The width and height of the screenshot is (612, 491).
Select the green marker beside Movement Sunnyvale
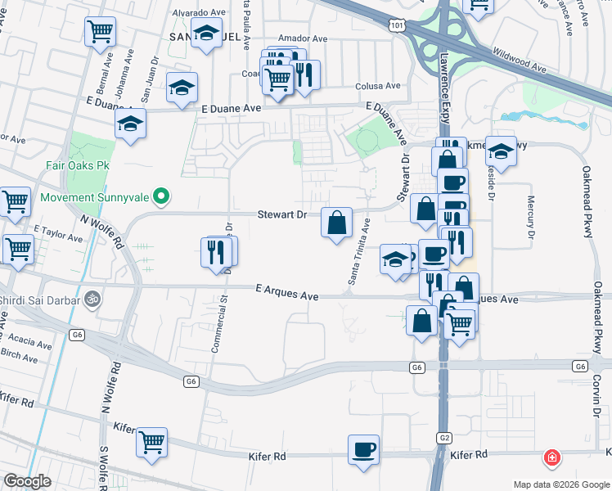pyautogui.click(x=162, y=196)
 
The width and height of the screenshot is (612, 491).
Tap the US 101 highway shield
pyautogui.click(x=398, y=26)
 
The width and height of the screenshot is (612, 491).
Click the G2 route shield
pyautogui.click(x=443, y=438)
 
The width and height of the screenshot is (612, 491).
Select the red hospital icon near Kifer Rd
pyautogui.click(x=552, y=457)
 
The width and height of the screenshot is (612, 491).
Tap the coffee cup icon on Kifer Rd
pyautogui.click(x=363, y=449)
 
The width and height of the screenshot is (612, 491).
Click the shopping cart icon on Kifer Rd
pyautogui.click(x=152, y=442)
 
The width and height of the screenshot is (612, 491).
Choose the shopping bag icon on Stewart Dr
pyautogui.click(x=336, y=222)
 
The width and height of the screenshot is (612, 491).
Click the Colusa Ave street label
pyautogui.click(x=377, y=86)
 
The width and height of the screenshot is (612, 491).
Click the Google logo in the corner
pyautogui.click(x=27, y=480)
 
